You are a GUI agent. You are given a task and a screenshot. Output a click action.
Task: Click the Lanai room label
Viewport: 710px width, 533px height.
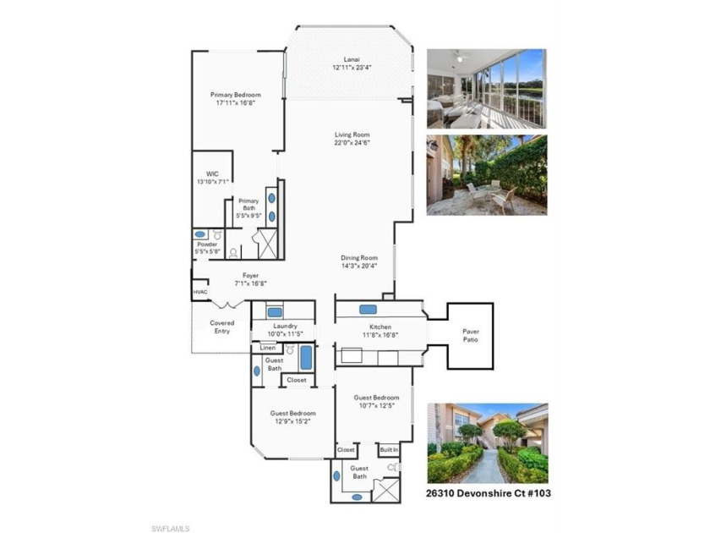coord(352,59)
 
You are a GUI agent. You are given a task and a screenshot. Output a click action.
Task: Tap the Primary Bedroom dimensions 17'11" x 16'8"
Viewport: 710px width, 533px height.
coord(236,103)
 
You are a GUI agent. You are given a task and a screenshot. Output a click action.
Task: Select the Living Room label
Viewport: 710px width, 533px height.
coord(352,135)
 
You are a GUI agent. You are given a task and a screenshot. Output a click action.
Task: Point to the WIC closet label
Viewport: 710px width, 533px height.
coord(212,174)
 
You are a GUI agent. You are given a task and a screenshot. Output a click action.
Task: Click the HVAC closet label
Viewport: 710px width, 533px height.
coord(200,293)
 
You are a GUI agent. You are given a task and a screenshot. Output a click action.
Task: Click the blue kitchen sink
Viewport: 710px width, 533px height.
coord(368,310)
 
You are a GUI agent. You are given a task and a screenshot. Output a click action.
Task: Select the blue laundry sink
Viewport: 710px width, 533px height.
coord(275,312)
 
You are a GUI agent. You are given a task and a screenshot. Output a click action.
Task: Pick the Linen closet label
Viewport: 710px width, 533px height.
coord(268,348)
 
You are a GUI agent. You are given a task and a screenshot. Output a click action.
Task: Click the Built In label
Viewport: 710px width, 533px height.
coord(389,450)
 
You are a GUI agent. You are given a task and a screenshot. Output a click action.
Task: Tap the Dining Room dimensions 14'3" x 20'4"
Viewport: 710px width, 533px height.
coord(359,266)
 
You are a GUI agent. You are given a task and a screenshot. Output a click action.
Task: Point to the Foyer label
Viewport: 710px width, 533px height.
coord(250,276)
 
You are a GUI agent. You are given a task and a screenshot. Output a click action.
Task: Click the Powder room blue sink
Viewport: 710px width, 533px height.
coord(200,234)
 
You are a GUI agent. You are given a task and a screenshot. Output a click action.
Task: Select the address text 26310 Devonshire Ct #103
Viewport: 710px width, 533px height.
coord(489,493)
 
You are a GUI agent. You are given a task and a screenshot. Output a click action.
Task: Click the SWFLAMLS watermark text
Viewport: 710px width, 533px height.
coord(170,529)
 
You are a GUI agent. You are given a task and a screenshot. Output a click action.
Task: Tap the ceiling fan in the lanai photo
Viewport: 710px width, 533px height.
coord(460,57)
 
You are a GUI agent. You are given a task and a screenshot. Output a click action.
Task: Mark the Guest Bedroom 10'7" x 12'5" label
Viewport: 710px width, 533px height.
coord(376,402)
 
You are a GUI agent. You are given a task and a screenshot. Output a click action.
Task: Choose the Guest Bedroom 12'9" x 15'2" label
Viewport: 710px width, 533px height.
coord(293,417)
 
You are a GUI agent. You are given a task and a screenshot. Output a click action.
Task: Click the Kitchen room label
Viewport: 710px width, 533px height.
coord(380,327)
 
